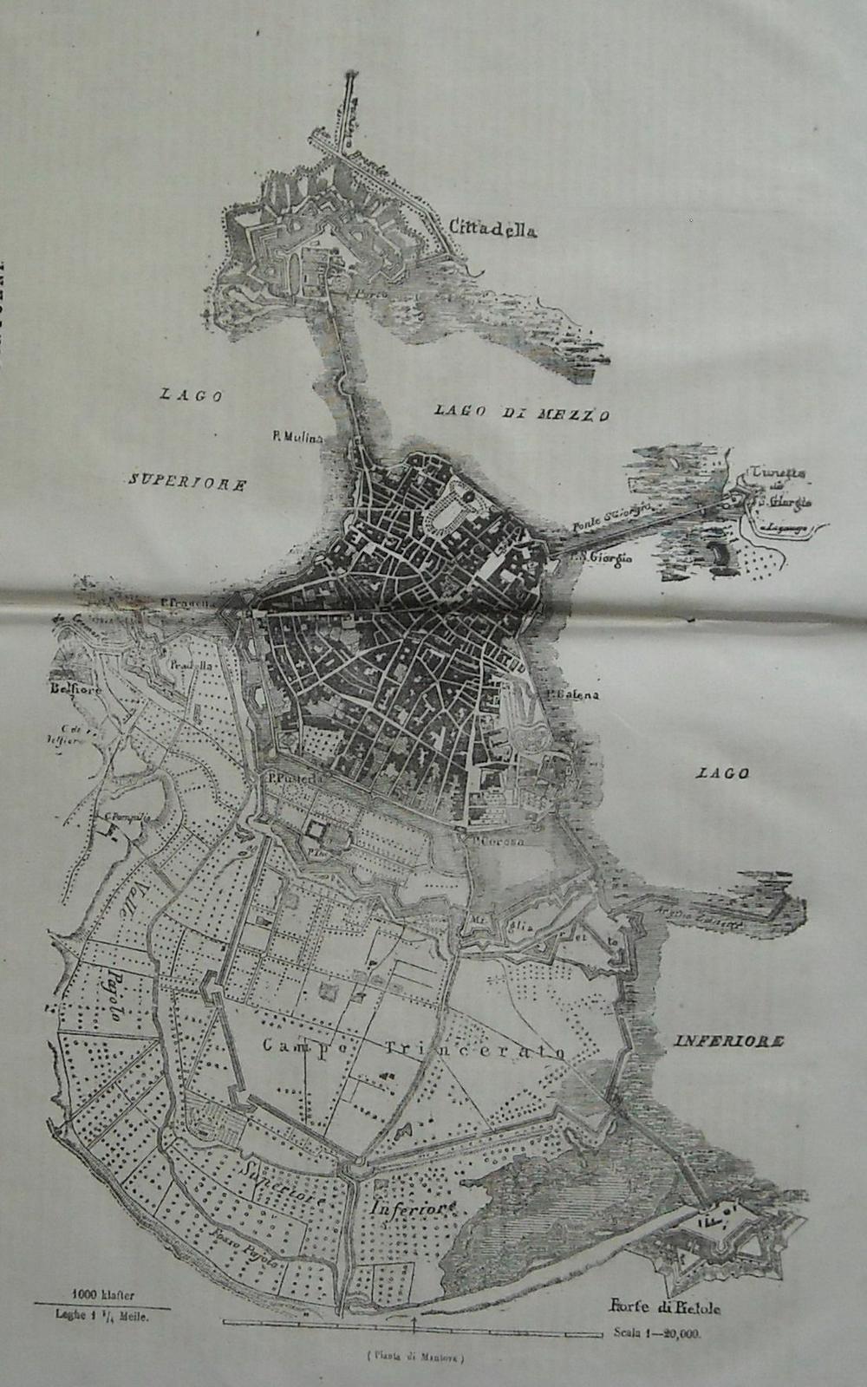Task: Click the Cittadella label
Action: coord(493,229)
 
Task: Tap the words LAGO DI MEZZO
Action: coord(522,414)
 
